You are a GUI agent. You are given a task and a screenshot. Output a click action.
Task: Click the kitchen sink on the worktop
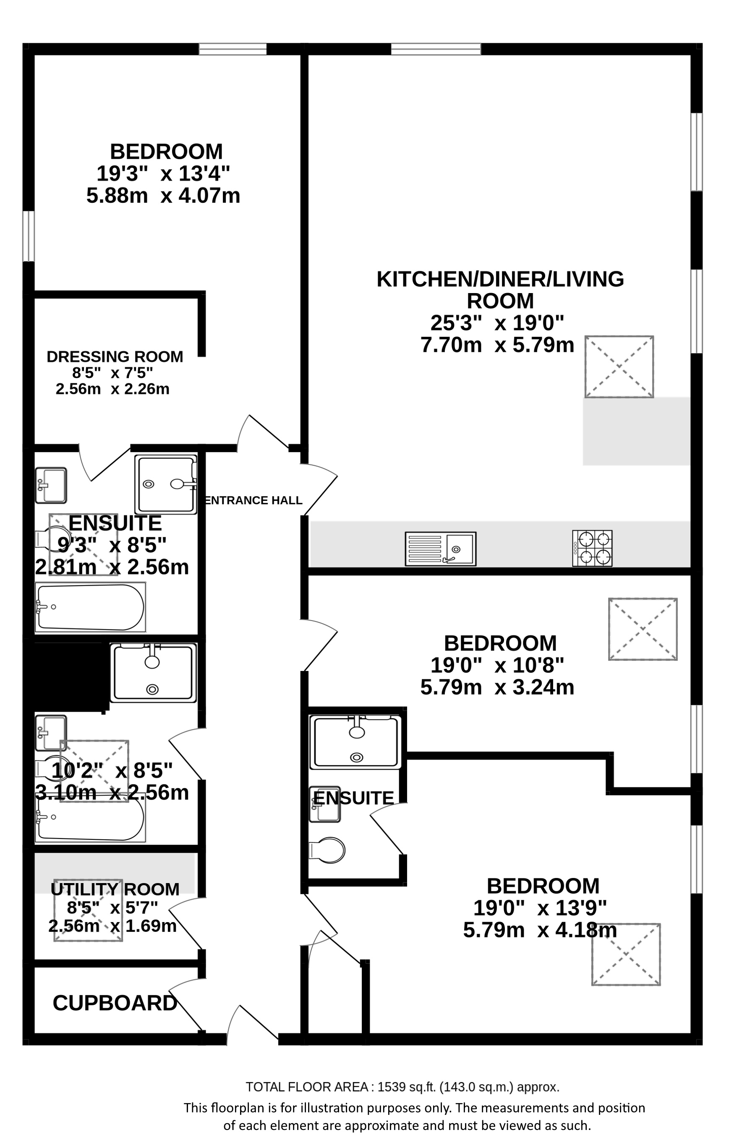point(440,548)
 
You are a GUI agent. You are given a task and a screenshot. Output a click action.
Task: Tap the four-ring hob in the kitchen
point(592,548)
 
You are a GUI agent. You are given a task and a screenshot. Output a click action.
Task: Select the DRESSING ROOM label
point(115,356)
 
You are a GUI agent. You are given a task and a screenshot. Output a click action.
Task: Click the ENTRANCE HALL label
point(253,500)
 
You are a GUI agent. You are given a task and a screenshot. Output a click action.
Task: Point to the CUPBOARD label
point(115,1003)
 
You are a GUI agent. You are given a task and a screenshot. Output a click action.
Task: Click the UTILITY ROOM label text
point(115,889)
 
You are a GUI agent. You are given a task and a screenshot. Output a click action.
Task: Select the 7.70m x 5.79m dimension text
point(497,345)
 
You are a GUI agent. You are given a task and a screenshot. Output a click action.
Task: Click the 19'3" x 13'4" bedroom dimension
point(163,173)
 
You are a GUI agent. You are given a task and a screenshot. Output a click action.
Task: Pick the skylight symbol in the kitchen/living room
point(619,367)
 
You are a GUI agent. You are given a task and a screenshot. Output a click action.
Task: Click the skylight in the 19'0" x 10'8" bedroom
point(643,629)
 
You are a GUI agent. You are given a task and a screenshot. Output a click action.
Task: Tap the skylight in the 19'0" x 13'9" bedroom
point(626,954)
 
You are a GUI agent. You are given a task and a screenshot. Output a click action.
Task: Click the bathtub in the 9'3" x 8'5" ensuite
point(90,607)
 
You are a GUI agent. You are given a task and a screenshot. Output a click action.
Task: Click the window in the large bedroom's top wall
point(233,49)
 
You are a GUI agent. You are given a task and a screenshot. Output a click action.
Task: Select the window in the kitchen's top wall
point(436,49)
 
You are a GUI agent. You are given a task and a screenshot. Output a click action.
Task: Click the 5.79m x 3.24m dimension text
point(497,687)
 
